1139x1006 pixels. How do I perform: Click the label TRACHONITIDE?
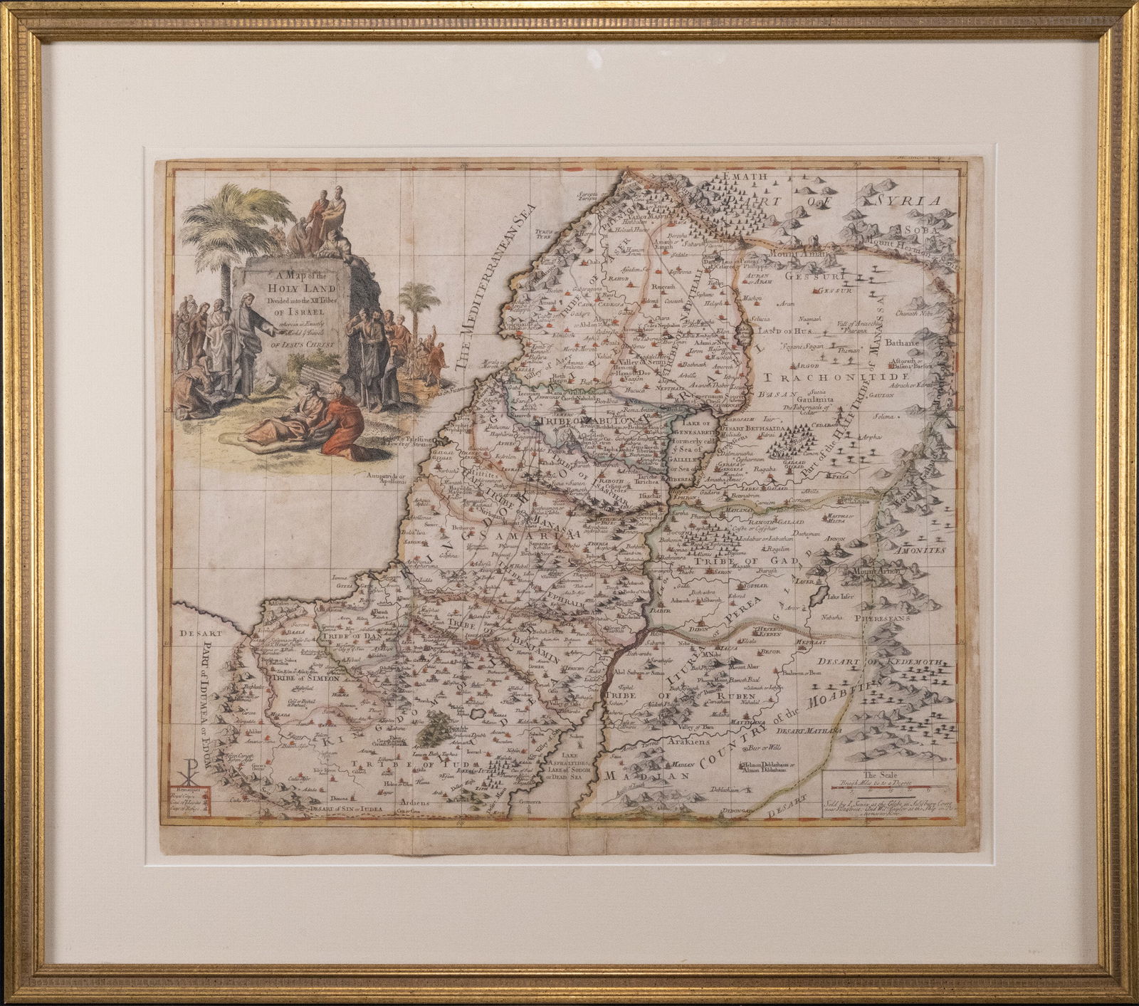coord(834,377)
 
